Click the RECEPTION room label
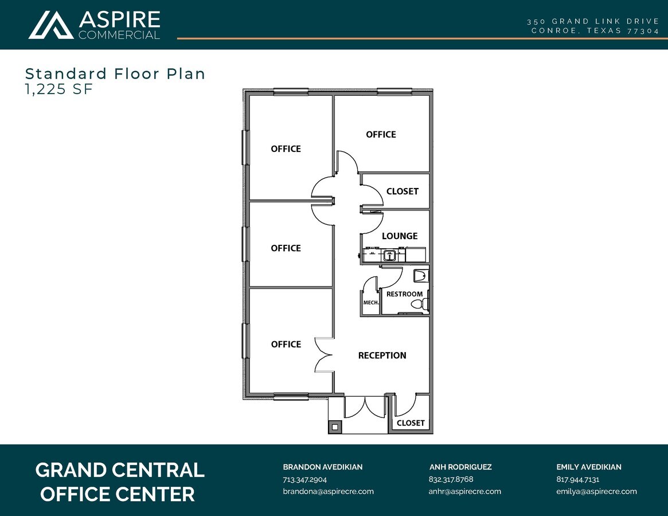click(382, 355)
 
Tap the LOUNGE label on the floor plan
click(400, 236)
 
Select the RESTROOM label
click(404, 294)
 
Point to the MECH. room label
click(370, 303)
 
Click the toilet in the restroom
click(421, 276)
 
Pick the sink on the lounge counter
click(390, 256)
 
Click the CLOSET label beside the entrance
click(411, 423)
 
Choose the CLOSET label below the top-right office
click(402, 191)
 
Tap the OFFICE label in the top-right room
click(381, 134)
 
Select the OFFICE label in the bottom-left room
click(286, 344)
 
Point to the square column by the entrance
click(334, 427)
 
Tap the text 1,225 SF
click(58, 89)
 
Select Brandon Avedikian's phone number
click(304, 479)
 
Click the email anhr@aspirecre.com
click(464, 491)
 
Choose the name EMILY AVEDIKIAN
click(588, 467)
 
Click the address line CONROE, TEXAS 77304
click(595, 31)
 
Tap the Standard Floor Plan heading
click(115, 73)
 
